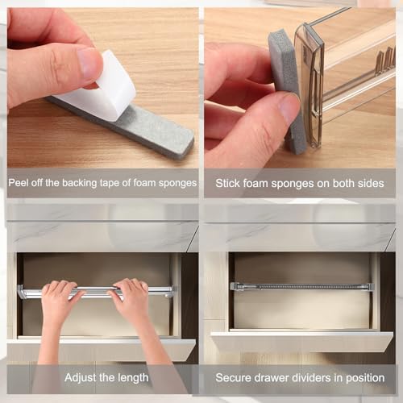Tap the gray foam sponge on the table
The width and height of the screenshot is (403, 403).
pos(153,134)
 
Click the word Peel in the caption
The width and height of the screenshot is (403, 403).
pos(20,183)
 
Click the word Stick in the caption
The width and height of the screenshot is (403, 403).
pos(228,183)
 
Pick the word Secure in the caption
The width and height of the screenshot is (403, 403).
pos(234,376)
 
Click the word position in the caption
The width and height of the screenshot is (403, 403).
pos(364,376)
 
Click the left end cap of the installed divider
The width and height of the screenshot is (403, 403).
pos(235,286)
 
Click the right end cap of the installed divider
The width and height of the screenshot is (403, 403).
pos(368,286)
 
